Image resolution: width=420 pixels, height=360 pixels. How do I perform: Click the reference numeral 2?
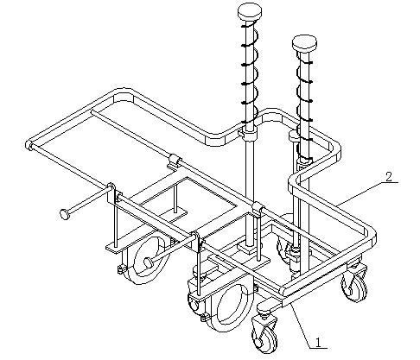[389, 177]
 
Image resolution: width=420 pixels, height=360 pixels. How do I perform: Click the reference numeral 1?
[318, 343]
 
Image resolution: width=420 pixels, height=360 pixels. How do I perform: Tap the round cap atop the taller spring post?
[250, 12]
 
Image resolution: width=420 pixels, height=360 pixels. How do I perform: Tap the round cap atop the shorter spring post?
[304, 44]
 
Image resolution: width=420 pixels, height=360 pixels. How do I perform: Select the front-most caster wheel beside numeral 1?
[265, 335]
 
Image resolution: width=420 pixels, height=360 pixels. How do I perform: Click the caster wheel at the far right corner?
[355, 283]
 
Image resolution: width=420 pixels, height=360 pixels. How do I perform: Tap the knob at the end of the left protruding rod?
[65, 214]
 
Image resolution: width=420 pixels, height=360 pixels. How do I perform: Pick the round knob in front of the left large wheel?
[149, 262]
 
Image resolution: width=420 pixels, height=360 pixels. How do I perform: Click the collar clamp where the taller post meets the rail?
[249, 134]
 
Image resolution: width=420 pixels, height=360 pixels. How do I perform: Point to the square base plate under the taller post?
[249, 248]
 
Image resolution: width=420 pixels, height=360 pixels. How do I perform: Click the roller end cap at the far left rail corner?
[29, 145]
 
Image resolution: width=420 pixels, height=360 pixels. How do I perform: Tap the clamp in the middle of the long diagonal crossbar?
[175, 160]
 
